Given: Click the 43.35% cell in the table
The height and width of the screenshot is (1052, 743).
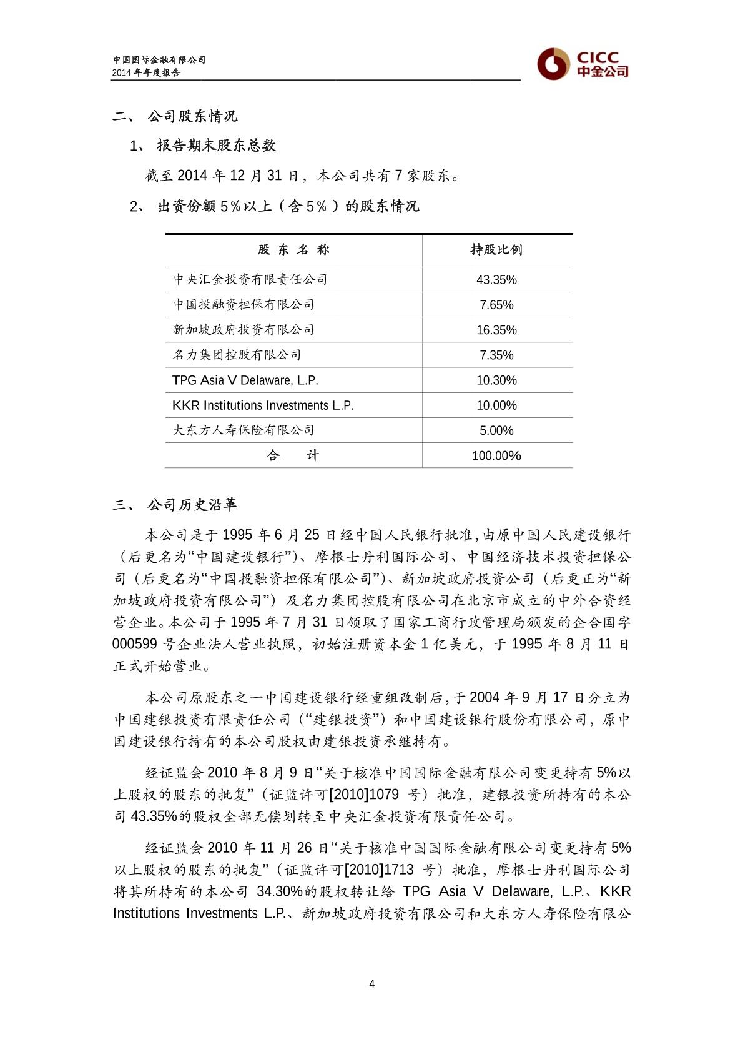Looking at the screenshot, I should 496,280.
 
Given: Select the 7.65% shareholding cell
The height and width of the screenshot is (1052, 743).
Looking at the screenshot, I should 496,305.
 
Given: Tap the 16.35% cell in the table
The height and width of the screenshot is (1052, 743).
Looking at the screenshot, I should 496,330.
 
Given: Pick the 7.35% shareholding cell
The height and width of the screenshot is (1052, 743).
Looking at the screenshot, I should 496,355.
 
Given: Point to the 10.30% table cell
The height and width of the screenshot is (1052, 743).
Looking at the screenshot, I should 496,380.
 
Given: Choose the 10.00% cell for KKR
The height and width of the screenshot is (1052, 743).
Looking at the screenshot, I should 496,405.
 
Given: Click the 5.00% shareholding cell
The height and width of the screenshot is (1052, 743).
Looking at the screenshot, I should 496,430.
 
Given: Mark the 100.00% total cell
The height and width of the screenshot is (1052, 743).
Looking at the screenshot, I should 496,455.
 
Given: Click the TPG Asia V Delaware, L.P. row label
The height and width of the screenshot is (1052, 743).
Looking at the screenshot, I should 245,380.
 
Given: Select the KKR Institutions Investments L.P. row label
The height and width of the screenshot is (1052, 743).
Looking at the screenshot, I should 263,405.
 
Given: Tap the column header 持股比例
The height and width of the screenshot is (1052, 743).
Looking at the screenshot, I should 496,250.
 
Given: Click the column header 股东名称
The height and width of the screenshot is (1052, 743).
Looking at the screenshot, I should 293,250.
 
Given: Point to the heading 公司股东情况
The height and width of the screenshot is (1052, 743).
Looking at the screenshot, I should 192,116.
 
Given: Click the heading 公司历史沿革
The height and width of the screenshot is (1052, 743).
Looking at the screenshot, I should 192,505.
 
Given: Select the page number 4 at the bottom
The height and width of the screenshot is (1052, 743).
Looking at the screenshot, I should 372,984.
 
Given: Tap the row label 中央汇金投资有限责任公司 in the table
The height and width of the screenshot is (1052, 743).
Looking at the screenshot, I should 250,279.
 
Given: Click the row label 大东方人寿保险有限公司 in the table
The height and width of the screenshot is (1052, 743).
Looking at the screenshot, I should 244,430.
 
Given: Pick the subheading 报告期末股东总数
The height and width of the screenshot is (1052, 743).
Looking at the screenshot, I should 216,146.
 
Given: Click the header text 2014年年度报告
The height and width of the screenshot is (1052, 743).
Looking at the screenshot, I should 146,72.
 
